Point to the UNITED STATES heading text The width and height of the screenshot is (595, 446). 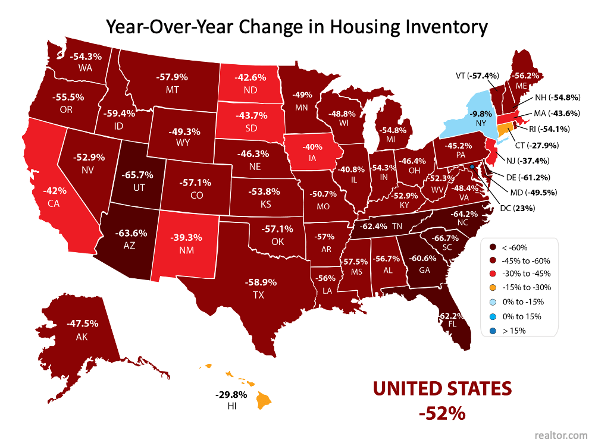click(442, 389)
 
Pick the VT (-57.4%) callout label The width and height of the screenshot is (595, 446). click(474, 76)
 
